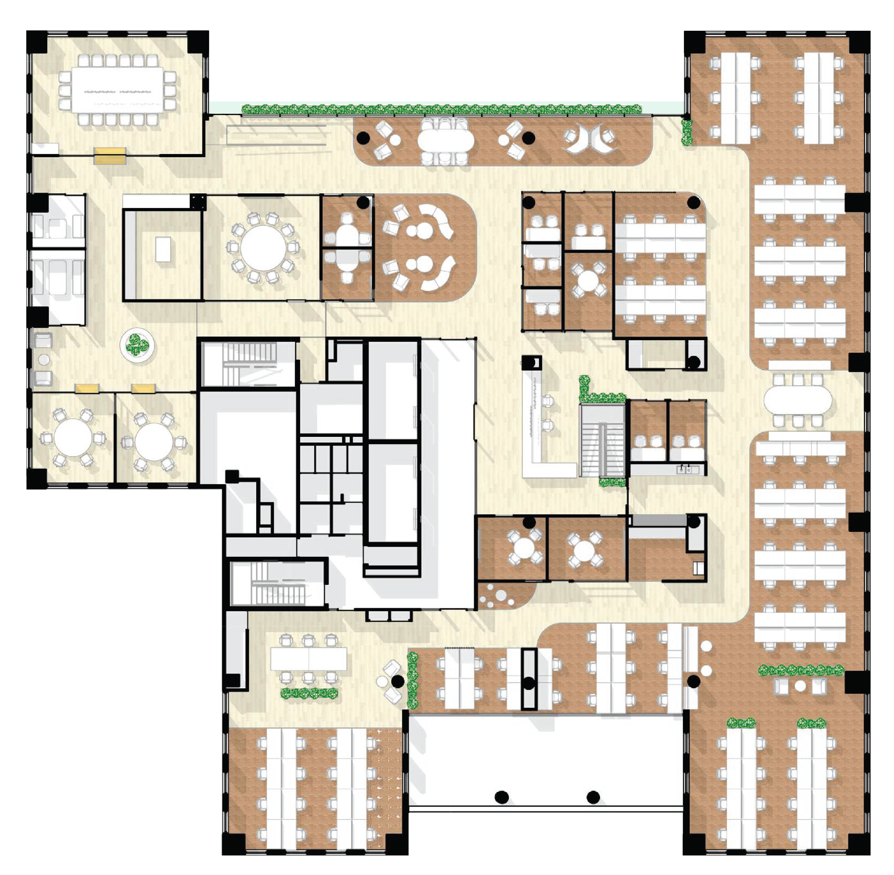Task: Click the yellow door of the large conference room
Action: (110, 156)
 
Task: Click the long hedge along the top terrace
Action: (441, 109)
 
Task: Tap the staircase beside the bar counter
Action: (602, 440)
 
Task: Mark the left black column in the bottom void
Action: (502, 797)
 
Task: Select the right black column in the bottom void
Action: (593, 797)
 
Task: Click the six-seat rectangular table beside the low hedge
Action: (308, 658)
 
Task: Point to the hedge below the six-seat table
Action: (309, 693)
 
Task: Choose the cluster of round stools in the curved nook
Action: (496, 596)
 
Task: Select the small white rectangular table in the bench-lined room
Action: (163, 249)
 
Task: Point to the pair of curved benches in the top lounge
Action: (590, 140)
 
